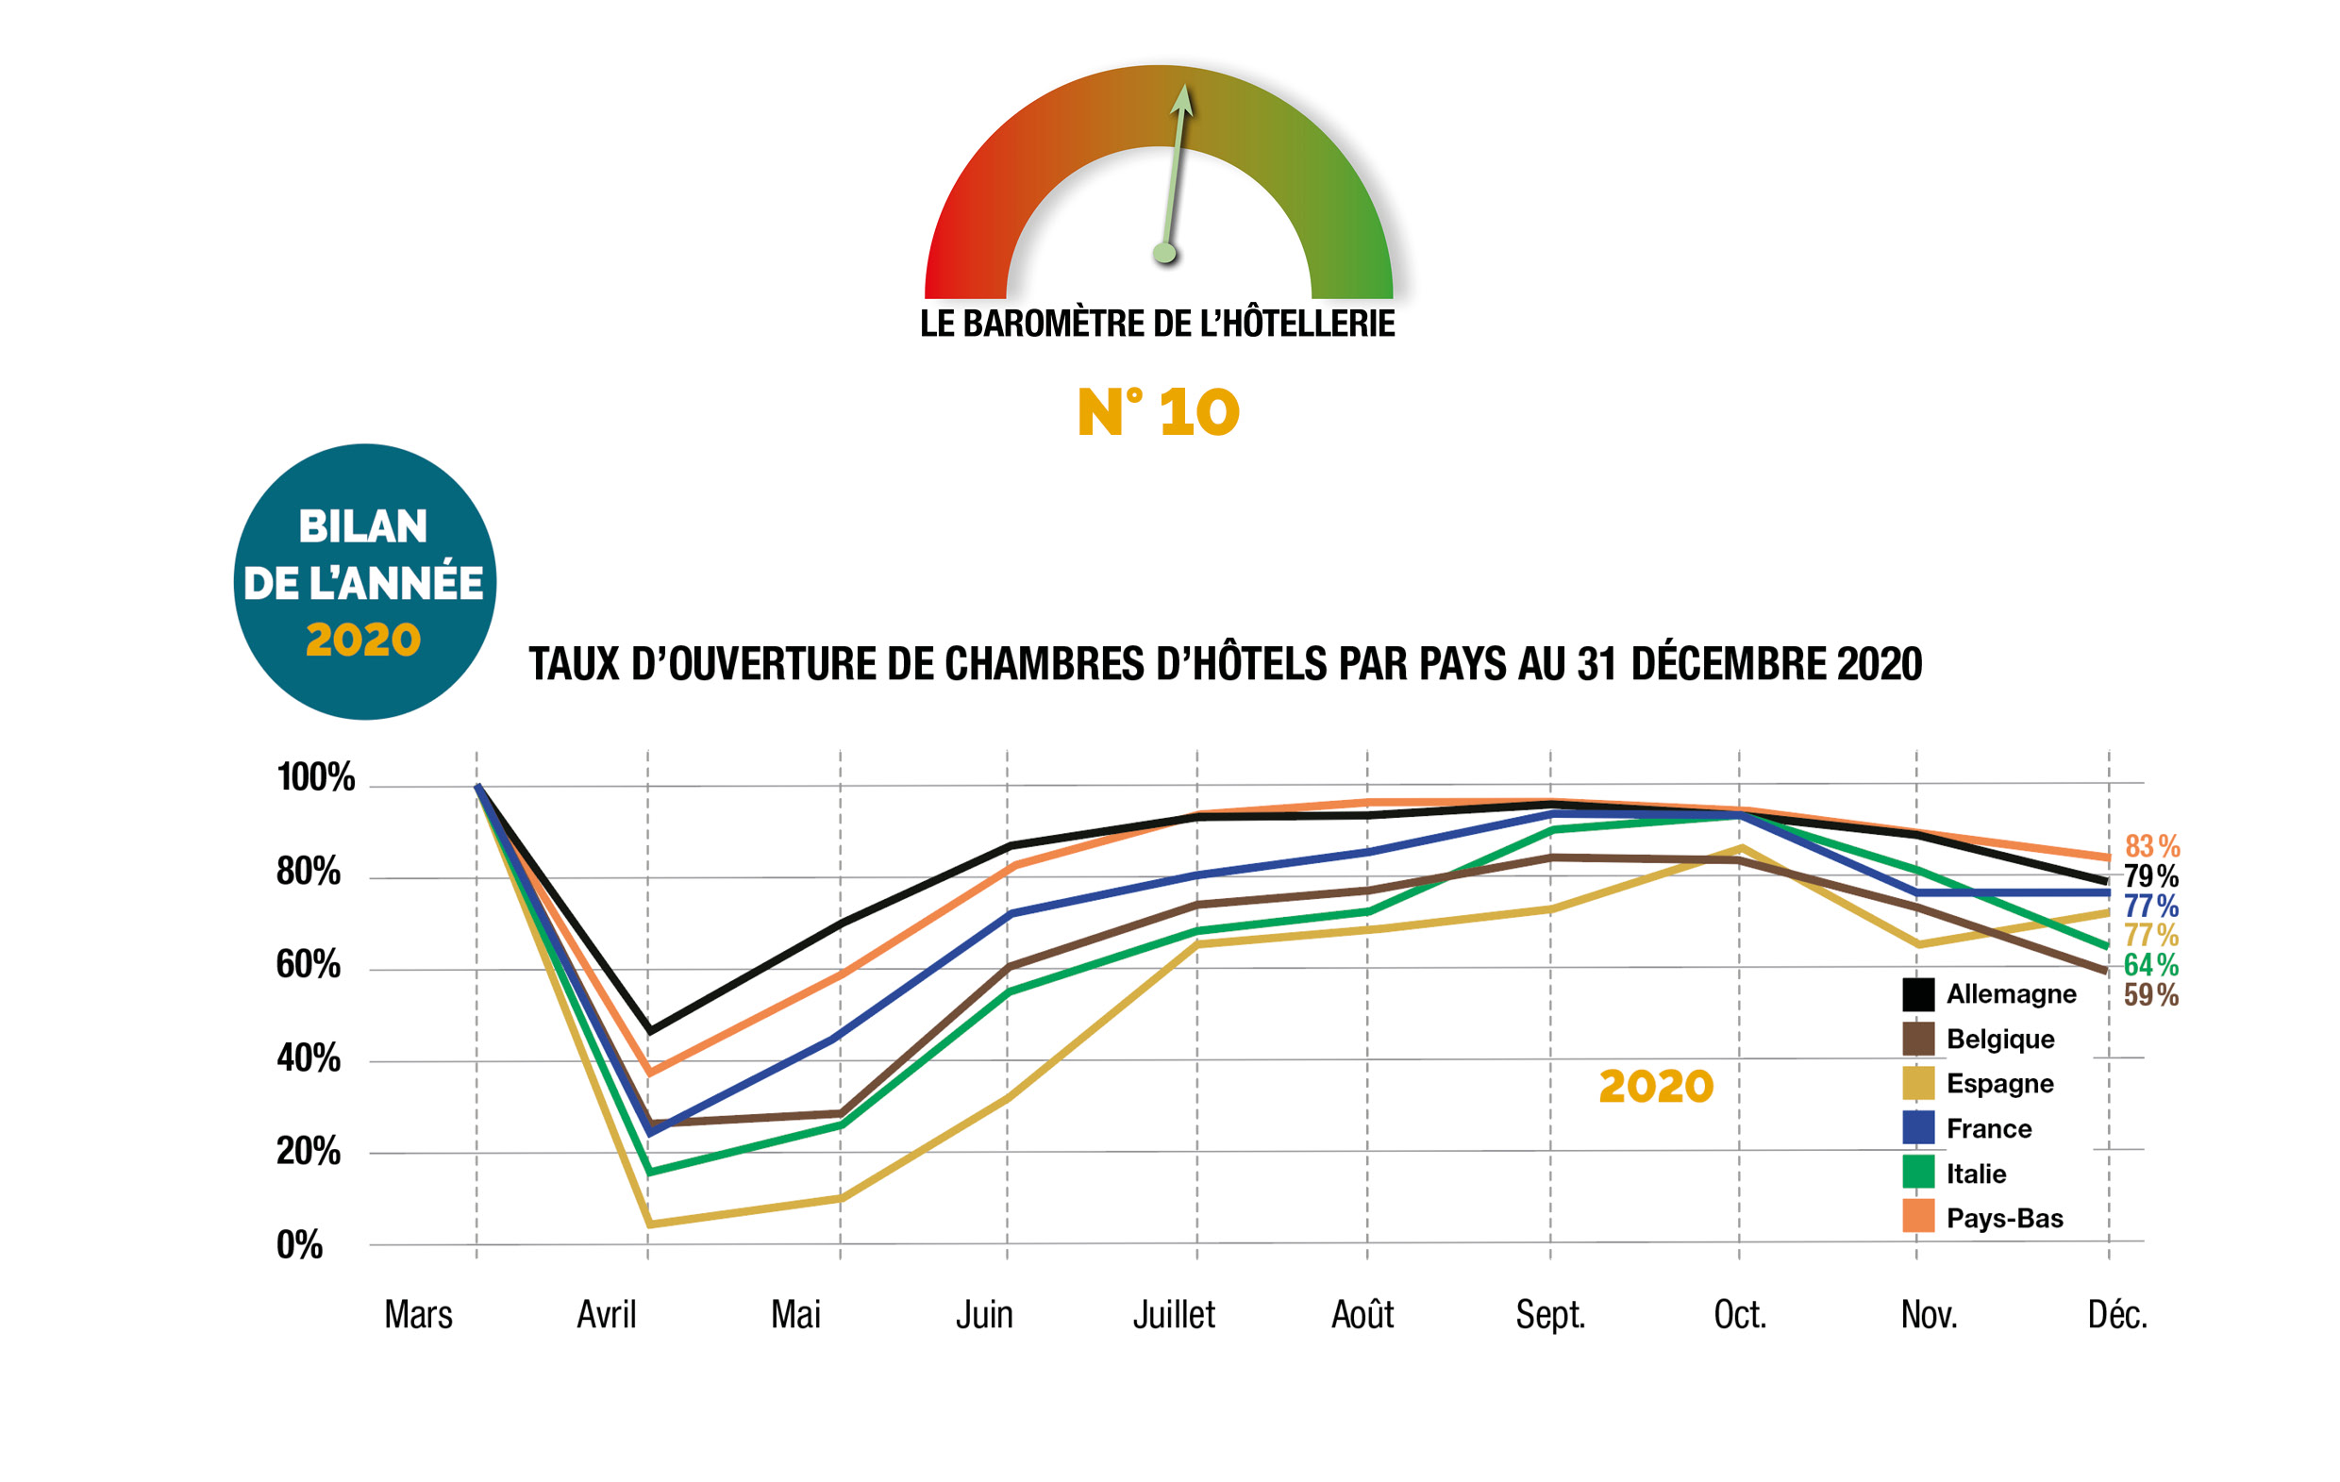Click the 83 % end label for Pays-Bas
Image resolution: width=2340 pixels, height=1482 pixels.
tap(2151, 846)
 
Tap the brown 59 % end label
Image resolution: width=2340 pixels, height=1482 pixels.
tap(2150, 995)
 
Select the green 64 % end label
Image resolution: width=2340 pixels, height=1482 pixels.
tap(2150, 965)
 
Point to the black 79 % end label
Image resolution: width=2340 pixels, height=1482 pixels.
tap(2150, 876)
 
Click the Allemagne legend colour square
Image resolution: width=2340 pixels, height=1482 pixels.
tap(1918, 994)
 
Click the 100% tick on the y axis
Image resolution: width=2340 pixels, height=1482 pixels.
tap(316, 777)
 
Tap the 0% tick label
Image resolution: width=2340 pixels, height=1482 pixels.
tap(299, 1245)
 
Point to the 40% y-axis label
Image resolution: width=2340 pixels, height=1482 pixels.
tap(308, 1058)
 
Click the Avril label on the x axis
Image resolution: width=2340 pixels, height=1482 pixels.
tap(607, 1315)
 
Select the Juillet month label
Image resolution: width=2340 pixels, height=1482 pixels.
tap(1174, 1315)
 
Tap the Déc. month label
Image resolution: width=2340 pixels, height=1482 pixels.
tap(2117, 1315)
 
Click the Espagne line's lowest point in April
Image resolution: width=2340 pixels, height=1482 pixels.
tap(649, 1224)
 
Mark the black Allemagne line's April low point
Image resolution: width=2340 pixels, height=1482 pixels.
tap(649, 1031)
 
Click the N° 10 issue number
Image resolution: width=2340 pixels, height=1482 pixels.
tap(1159, 412)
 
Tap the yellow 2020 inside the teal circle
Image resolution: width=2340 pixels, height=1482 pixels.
tap(363, 641)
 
